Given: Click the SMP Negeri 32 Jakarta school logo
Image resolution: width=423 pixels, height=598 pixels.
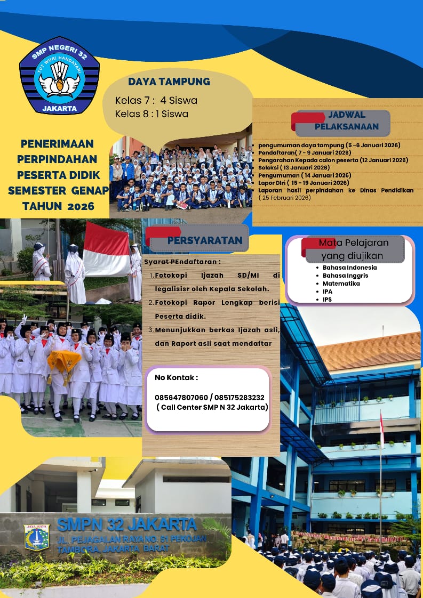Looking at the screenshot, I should point(59,76).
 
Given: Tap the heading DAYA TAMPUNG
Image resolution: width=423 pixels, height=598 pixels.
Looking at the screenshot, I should point(169,82).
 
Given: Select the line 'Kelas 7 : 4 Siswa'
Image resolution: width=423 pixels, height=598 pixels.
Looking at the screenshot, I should point(156,100).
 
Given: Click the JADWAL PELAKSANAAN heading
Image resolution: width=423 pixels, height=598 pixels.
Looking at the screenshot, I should point(346,121).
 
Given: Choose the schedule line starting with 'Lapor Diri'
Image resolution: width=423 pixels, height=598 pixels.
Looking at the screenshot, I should point(304,182).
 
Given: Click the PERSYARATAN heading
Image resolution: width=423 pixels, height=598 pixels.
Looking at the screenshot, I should point(204,240).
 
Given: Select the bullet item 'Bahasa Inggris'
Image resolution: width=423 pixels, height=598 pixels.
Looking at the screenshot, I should point(345,276).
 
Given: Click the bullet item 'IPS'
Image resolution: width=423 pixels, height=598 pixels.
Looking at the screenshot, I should point(328,300).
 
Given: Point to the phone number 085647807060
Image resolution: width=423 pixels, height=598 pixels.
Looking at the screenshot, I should point(181,398).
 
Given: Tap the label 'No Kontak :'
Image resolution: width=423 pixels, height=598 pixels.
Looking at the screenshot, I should point(176,377).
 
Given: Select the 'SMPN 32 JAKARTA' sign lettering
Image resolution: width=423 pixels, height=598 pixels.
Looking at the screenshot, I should point(126,524).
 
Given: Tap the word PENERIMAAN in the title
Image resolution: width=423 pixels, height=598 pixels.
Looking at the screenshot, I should point(57,143).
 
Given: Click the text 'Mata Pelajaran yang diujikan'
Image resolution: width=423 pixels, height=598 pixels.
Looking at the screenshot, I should point(354,249).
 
